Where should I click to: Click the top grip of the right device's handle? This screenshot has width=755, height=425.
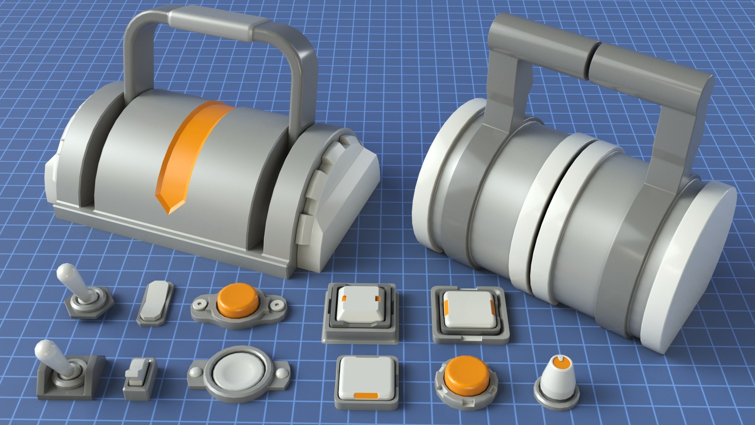tap(602, 55)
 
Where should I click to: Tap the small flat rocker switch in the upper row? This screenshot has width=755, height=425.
tap(155, 303)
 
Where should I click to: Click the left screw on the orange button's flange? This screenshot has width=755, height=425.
tap(200, 304)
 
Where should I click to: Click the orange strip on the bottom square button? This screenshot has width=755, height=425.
tap(366, 395)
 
